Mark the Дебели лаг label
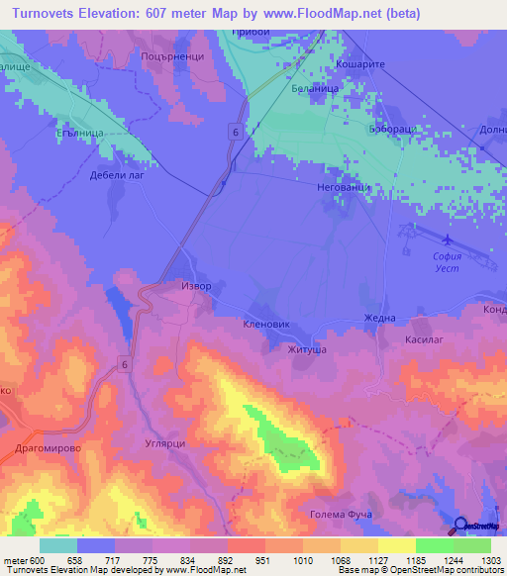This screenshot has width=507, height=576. pyautogui.click(x=118, y=175)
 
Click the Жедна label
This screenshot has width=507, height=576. pyautogui.click(x=379, y=318)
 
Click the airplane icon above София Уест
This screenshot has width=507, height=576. pyautogui.click(x=447, y=240)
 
